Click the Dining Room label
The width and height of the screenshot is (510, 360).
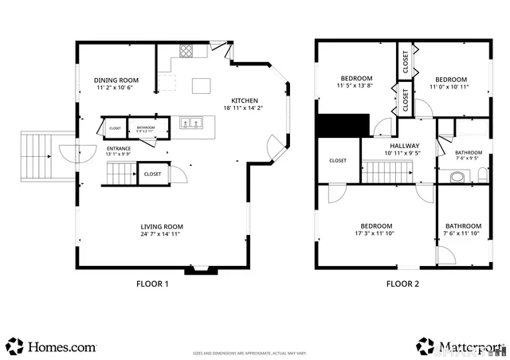click(x=117, y=80)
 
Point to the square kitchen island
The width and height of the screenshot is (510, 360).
click(x=201, y=84)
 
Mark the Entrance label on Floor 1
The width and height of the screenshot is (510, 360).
click(x=118, y=148)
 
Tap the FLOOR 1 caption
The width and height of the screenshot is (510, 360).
click(x=151, y=284)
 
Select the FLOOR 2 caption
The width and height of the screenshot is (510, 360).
click(x=402, y=284)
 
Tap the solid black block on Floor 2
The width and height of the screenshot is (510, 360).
click(x=343, y=126)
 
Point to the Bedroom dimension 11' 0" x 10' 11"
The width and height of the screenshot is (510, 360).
click(x=450, y=87)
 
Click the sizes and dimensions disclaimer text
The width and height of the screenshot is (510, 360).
click(x=255, y=352)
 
